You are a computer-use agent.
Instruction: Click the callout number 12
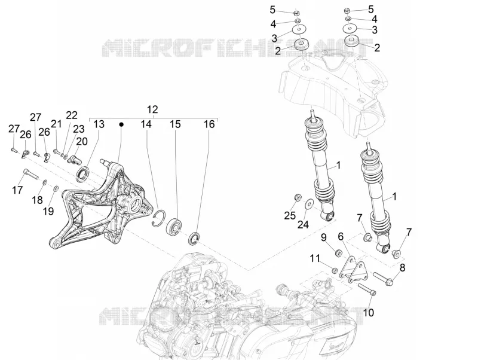tap(152, 109)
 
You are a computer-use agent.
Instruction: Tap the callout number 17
tap(17, 190)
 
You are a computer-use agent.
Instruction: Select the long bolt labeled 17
tap(29, 174)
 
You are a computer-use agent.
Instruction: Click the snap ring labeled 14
tap(158, 218)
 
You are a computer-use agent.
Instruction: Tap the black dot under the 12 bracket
tap(121, 124)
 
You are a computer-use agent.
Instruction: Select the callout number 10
tap(369, 312)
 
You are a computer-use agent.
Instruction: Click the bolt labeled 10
tap(367, 289)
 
